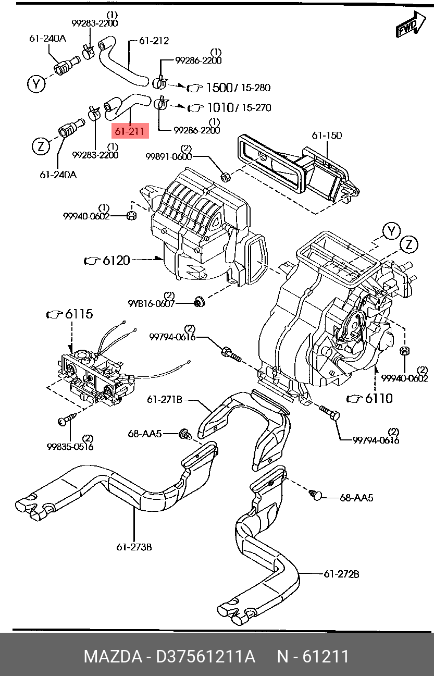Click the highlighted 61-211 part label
(130, 131)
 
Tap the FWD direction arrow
(411, 26)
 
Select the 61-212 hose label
(154, 41)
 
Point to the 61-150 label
(327, 135)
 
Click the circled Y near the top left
(36, 83)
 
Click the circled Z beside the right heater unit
(409, 244)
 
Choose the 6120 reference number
(116, 260)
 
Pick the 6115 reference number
(79, 314)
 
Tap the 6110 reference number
(379, 398)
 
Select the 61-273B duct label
(134, 547)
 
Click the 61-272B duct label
(341, 574)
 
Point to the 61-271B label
(165, 399)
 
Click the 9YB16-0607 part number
(152, 303)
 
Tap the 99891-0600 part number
(169, 156)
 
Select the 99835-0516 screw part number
(70, 446)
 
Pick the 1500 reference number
(219, 88)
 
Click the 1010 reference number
(221, 108)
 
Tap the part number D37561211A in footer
(205, 656)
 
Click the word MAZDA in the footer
(113, 656)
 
